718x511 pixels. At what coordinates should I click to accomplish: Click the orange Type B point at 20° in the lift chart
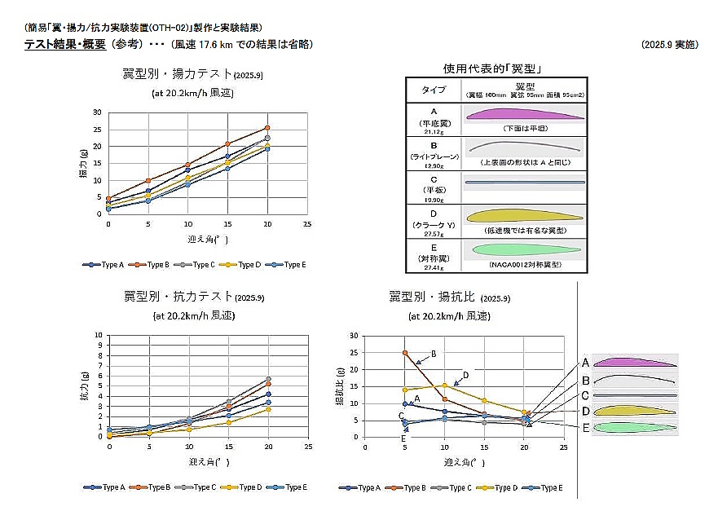point(266,128)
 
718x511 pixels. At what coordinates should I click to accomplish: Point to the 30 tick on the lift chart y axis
point(97,112)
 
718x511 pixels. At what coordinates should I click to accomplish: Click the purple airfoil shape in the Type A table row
point(524,115)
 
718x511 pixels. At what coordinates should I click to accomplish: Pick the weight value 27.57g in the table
point(433,232)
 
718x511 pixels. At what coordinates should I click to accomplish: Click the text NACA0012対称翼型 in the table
point(523,266)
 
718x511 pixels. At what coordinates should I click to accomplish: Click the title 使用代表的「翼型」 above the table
point(493,68)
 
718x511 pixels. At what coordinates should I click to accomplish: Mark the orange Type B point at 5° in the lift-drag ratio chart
point(404,353)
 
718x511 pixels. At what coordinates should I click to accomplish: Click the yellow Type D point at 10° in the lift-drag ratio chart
point(444,385)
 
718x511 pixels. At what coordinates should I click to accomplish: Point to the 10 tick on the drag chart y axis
point(99,335)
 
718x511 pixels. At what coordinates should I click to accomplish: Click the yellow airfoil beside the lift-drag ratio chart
point(635,411)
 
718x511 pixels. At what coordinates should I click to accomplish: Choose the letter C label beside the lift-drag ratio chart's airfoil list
point(585,395)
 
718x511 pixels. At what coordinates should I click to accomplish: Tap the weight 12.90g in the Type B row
point(433,165)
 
